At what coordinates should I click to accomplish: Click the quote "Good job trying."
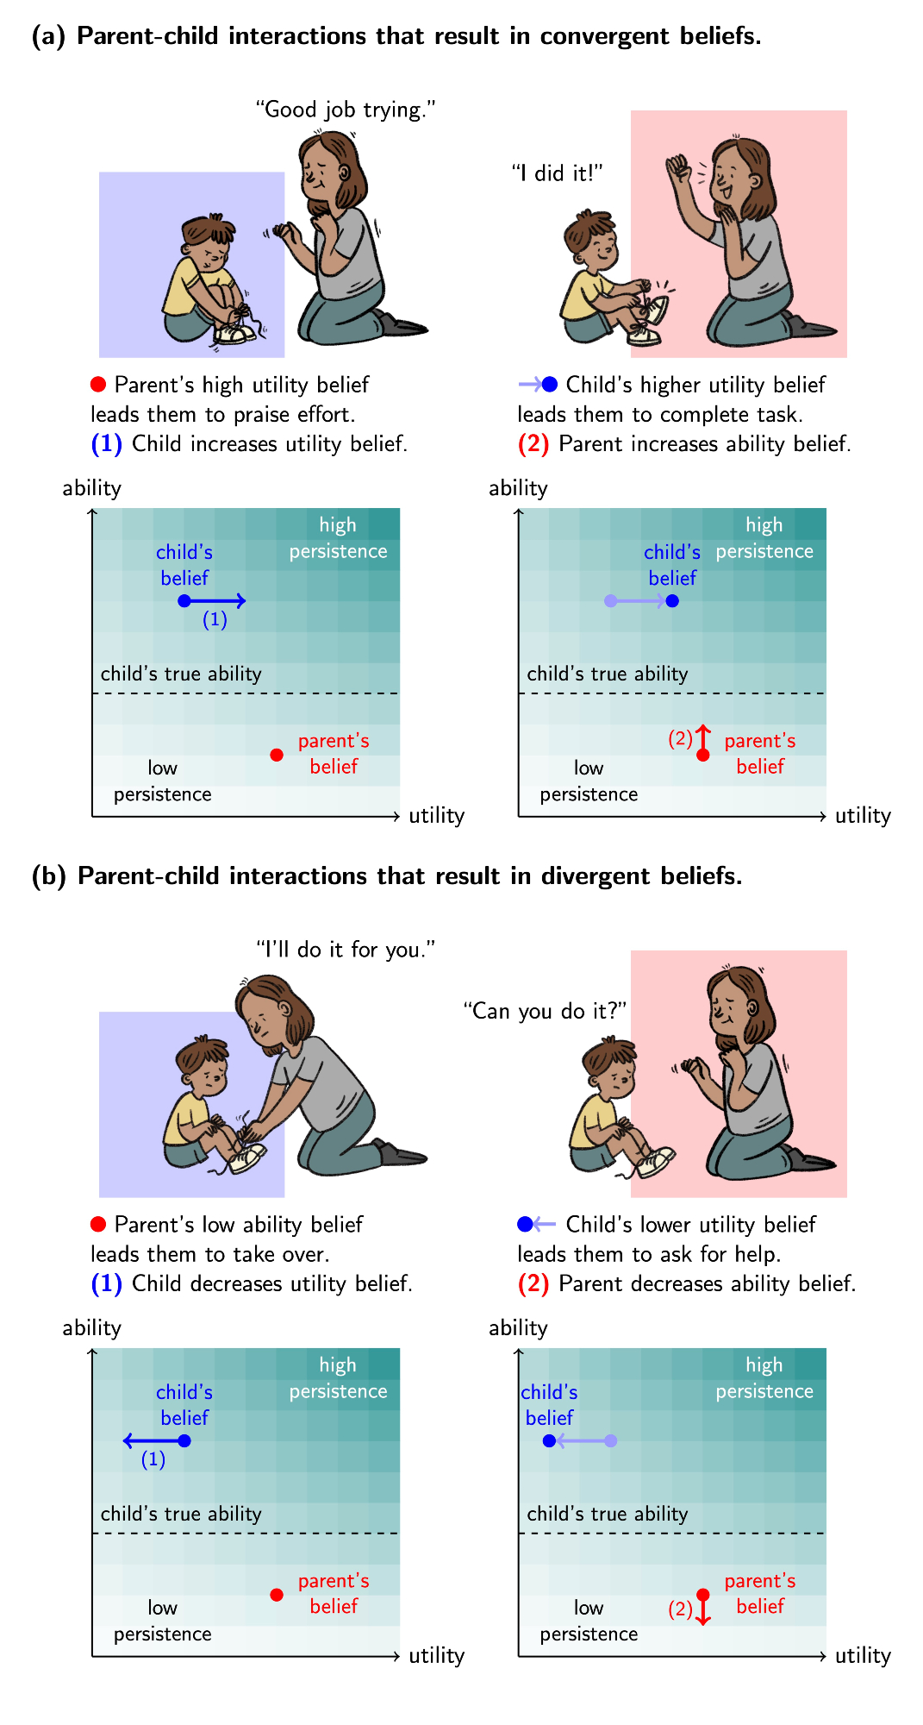(346, 110)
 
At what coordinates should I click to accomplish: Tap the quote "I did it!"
(557, 173)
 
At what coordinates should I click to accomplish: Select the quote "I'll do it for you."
(346, 950)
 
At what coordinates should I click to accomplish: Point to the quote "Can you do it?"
(545, 1011)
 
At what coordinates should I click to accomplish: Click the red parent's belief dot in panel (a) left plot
(277, 755)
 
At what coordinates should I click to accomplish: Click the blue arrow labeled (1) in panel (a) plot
(215, 601)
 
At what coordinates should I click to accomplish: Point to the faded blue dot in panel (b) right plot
(611, 1440)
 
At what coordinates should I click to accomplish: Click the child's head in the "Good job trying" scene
(209, 241)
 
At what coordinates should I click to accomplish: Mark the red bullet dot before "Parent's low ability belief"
(98, 1224)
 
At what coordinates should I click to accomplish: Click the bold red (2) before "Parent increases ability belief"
(533, 444)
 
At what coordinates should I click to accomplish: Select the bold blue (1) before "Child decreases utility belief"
(107, 1284)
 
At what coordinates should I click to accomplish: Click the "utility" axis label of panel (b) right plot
(863, 1655)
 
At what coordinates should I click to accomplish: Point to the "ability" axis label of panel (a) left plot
(91, 488)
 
